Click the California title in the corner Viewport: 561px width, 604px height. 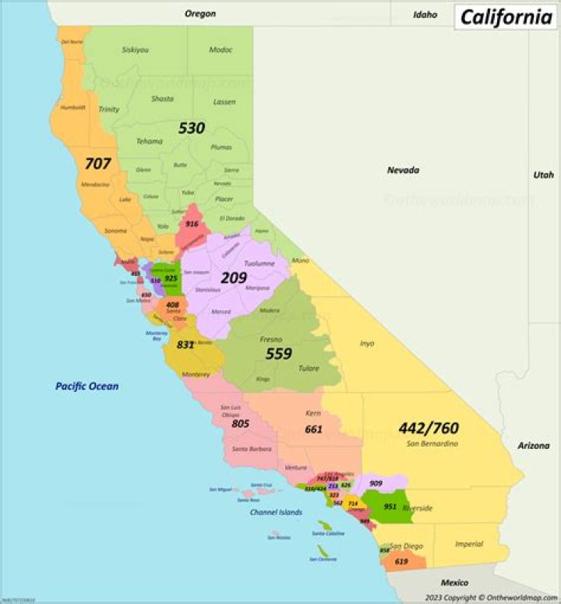(x=506, y=16)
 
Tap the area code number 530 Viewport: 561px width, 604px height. (x=192, y=128)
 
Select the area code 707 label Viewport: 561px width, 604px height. (x=98, y=164)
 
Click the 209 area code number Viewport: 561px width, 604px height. (x=234, y=277)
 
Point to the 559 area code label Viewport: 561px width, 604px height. (x=278, y=354)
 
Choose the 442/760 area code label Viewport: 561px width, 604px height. (x=429, y=428)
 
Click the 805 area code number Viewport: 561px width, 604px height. (x=240, y=424)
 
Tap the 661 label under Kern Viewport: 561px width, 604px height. (x=313, y=429)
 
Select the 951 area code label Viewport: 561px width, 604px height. (x=390, y=507)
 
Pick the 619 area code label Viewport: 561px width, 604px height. (x=401, y=561)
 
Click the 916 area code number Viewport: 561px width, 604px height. (x=192, y=224)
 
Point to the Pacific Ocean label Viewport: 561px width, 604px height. (x=86, y=386)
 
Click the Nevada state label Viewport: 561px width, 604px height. (x=404, y=170)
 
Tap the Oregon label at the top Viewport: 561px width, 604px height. (x=200, y=13)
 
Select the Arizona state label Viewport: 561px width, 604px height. (x=533, y=446)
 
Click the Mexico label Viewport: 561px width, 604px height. (x=454, y=582)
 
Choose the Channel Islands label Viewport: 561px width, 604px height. (x=276, y=512)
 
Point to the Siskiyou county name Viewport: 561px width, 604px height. (x=136, y=49)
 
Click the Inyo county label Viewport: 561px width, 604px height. (x=366, y=343)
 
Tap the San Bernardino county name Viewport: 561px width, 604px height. (x=432, y=443)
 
